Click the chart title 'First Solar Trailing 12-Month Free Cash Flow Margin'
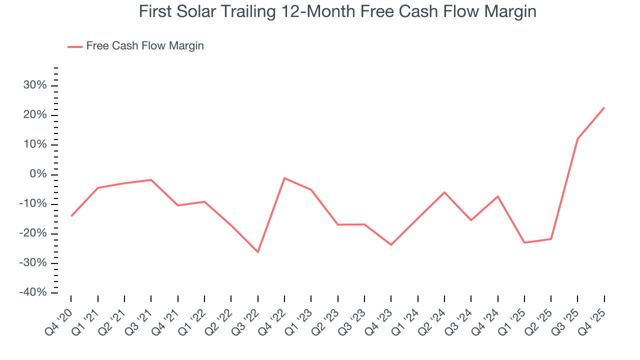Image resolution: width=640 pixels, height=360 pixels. click(x=337, y=11)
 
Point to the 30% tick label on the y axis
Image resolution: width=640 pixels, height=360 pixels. click(x=35, y=85)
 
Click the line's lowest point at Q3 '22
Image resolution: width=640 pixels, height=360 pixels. click(x=258, y=252)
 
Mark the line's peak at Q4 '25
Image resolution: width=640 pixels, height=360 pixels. click(x=604, y=107)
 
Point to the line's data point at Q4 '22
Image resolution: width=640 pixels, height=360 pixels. click(x=284, y=178)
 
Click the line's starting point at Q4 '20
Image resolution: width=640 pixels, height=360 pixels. click(x=71, y=216)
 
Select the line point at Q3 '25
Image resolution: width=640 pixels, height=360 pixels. click(x=577, y=138)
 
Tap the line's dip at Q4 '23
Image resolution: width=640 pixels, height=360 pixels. click(x=391, y=244)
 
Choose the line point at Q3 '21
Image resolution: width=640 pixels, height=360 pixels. click(x=151, y=179)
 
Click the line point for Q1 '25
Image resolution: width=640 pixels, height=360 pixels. click(x=524, y=242)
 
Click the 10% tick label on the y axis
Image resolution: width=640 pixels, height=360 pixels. click(x=35, y=145)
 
